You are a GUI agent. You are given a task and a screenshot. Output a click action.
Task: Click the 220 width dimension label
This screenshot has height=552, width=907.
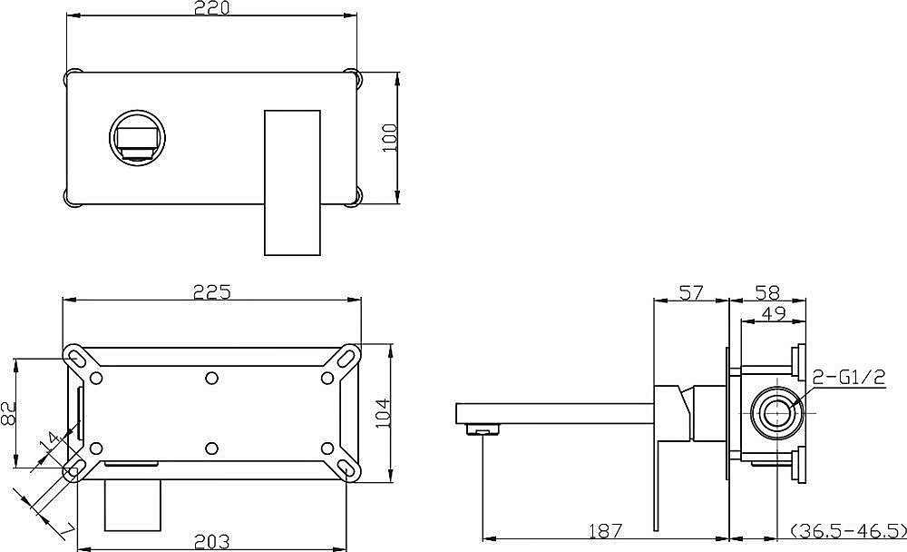point(213,9)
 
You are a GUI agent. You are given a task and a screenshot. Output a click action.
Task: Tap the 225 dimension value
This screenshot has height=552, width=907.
point(212,291)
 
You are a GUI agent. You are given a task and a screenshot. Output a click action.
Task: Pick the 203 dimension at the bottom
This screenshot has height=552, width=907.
point(212,542)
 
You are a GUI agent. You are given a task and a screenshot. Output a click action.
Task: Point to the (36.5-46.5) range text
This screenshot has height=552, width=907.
point(848,529)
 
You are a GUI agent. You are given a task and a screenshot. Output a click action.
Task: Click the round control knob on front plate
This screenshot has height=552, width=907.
point(138,138)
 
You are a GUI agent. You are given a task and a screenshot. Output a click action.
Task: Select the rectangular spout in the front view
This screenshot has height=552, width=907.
point(292,182)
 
